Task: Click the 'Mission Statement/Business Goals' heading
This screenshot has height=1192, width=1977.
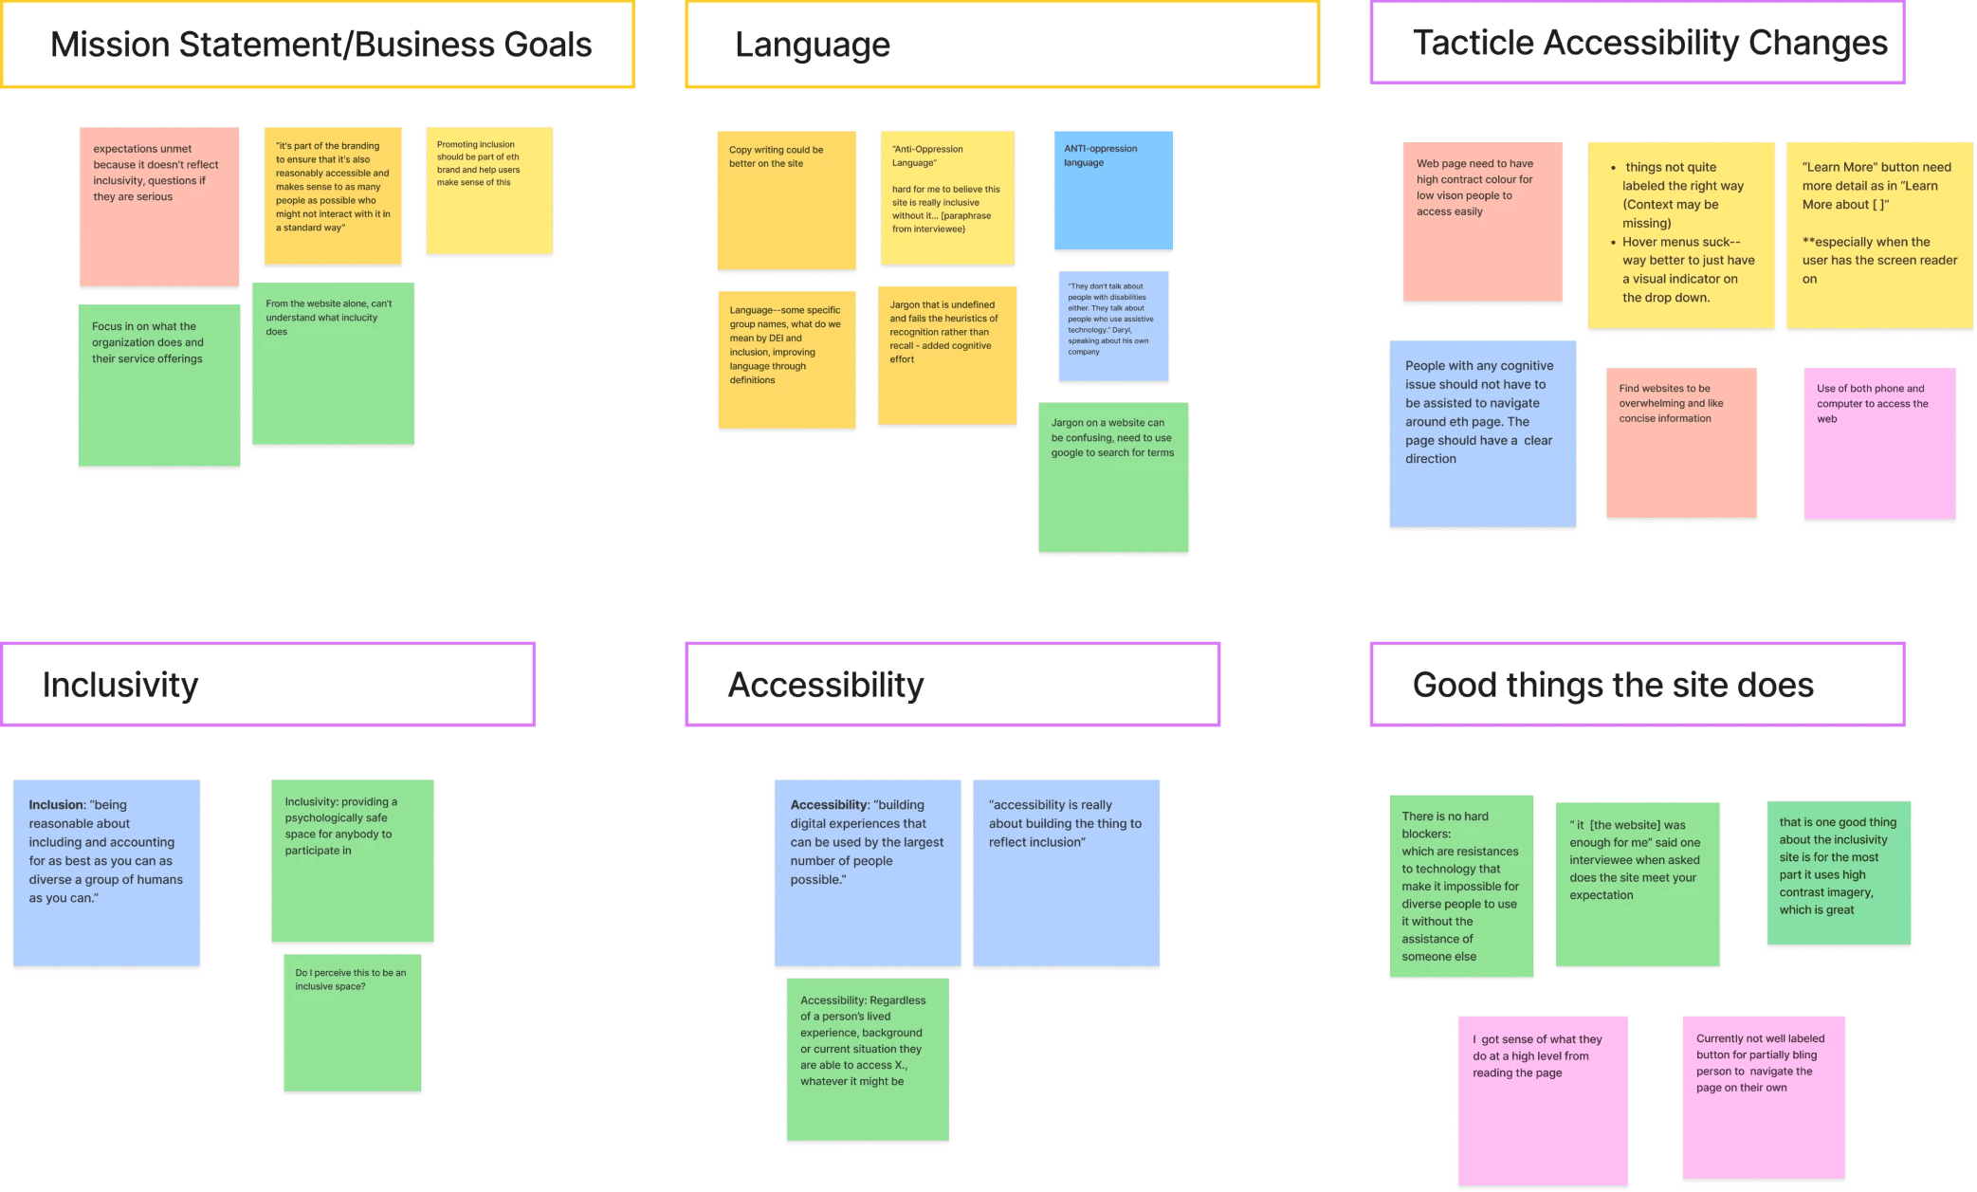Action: tap(320, 45)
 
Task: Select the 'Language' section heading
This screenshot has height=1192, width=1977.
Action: tap(813, 45)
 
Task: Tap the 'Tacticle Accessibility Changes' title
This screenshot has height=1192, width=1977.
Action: tap(1650, 43)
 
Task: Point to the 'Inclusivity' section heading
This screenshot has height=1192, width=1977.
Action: tap(120, 685)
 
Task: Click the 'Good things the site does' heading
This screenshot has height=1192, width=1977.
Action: tap(1613, 685)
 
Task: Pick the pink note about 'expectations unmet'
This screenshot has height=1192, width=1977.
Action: tap(159, 207)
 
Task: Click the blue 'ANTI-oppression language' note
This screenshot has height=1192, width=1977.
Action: tap(1113, 193)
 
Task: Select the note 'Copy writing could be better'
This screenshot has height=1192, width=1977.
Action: tap(787, 201)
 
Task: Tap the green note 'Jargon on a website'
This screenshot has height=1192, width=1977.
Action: tap(1113, 479)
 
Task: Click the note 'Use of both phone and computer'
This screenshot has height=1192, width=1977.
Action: tap(1879, 444)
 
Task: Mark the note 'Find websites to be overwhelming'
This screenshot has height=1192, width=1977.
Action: tap(1681, 444)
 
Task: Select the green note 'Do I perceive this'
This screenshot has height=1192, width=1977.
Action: tap(353, 1024)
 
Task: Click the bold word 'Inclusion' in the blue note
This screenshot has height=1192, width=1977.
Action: tap(56, 805)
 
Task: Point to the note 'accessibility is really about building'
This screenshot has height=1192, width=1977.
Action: tap(1066, 873)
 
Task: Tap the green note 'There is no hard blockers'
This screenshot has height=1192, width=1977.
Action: tap(1461, 887)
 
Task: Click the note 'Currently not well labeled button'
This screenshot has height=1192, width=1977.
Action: tap(1764, 1098)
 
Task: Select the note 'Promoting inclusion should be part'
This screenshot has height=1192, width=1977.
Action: tap(489, 192)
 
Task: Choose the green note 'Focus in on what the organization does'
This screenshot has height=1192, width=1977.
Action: tap(159, 385)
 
